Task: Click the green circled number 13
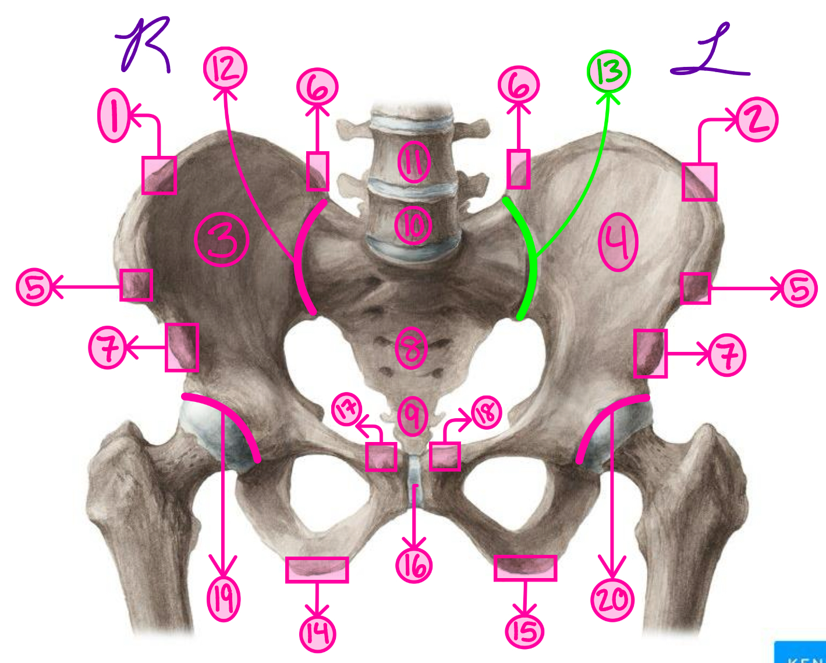608,71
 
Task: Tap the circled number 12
225,69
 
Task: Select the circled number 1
114,115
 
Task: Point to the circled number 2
757,120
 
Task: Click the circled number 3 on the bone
222,240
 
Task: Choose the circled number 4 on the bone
618,243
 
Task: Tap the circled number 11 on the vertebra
414,161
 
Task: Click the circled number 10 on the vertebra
413,226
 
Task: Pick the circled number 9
413,415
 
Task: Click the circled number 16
414,565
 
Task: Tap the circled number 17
347,410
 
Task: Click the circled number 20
612,600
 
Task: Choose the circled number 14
317,633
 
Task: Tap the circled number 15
524,631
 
